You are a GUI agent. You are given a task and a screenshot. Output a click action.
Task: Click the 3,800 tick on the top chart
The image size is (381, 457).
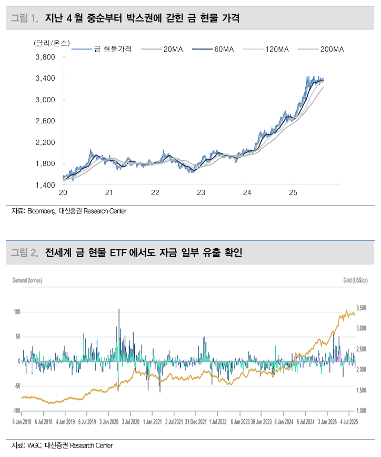46,57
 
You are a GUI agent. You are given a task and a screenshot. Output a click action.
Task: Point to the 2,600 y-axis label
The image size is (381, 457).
46,121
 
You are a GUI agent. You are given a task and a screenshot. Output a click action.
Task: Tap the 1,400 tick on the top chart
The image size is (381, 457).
46,185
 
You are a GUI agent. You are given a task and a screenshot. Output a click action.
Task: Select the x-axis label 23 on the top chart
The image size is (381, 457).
201,193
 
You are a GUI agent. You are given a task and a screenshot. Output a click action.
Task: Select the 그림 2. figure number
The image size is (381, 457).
25,253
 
